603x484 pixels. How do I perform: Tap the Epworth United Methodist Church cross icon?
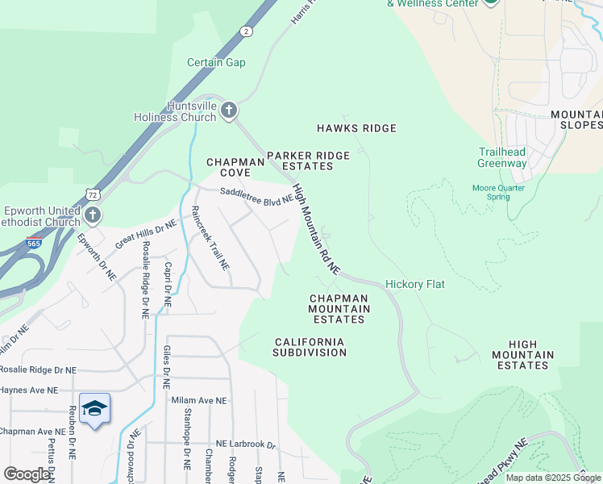(x=94, y=215)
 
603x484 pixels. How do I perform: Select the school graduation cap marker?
(x=94, y=409)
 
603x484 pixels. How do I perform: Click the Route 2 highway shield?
(x=244, y=31)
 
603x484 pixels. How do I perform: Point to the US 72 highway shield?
(x=94, y=194)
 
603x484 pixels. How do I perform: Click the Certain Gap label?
(x=216, y=63)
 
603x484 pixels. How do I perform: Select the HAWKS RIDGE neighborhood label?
(x=356, y=128)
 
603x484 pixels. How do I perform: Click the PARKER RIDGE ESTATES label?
(x=308, y=161)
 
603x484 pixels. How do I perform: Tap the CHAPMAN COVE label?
(x=235, y=167)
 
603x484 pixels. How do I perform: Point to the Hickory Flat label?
(x=415, y=284)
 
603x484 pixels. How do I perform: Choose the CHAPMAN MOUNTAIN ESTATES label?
(x=339, y=309)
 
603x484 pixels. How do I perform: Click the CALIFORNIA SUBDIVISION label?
(x=310, y=347)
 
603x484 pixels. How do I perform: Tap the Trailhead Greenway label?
(x=502, y=157)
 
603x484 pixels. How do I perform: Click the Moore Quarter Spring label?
(x=498, y=192)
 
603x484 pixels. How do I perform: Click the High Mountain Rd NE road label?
(x=317, y=227)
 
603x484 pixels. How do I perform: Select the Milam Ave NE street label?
(x=199, y=400)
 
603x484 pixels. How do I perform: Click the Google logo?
(x=27, y=474)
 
